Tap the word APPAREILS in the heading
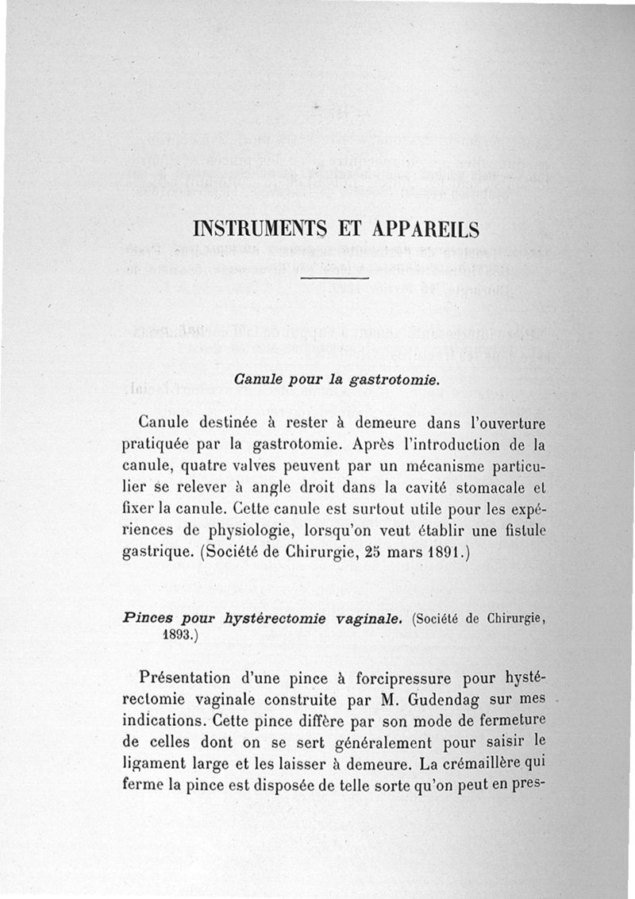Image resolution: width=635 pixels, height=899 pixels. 421,230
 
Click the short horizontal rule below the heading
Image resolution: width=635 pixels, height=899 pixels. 334,279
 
